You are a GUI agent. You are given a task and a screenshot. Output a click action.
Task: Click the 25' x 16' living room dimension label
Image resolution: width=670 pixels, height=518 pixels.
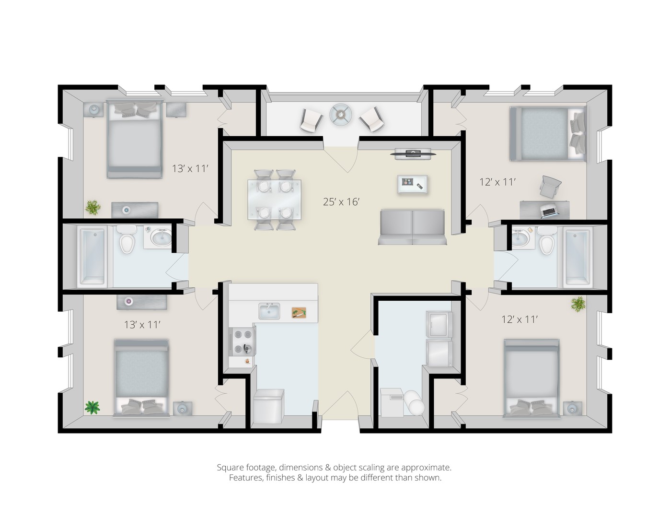341,202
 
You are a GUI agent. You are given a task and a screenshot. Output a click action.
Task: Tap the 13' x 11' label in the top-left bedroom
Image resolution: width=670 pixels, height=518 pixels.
190,168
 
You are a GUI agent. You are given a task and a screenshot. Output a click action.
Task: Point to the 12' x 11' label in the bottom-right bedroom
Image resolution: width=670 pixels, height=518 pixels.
520,319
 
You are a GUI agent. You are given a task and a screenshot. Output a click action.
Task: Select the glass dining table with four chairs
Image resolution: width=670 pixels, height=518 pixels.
275,200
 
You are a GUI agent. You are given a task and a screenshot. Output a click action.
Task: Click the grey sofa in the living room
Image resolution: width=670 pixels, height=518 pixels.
413,227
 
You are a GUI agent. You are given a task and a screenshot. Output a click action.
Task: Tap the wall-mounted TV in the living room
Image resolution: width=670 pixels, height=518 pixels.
413,153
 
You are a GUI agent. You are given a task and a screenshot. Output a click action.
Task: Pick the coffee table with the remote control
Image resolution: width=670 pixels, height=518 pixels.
412,184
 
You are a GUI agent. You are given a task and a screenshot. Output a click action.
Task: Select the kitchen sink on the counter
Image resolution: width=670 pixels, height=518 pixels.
269,311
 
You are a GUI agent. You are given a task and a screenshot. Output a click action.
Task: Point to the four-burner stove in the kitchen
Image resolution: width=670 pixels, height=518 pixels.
243,341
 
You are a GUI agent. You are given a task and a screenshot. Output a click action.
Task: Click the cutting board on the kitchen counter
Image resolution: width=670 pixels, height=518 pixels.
299,313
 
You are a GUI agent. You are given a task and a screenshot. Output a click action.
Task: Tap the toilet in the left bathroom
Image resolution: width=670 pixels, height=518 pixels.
127,239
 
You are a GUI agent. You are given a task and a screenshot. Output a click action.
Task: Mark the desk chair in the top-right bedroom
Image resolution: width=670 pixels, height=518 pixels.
550,187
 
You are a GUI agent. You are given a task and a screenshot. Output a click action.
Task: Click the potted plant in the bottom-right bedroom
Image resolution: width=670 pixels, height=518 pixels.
578,304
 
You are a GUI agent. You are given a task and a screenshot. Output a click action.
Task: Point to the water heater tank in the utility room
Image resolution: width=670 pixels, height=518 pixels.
415,402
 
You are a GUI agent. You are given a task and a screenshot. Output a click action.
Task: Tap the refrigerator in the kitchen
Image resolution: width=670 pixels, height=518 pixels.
268,407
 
